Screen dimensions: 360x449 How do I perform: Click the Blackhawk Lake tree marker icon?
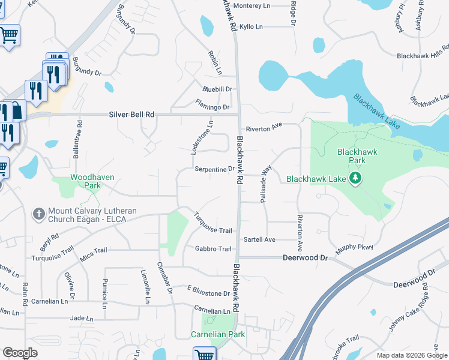tap(355, 178)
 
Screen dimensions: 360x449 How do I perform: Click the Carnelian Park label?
tap(218, 334)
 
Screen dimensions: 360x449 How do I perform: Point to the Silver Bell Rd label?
tap(131, 114)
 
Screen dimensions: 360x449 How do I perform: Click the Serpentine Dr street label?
tap(214, 169)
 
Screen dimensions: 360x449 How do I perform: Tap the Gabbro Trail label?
tap(212, 249)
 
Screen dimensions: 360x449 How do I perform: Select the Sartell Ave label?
tap(259, 239)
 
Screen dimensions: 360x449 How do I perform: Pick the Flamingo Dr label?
tap(212, 107)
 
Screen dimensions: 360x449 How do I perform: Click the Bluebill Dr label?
tap(217, 89)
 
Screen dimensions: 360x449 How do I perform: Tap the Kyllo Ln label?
tap(251, 27)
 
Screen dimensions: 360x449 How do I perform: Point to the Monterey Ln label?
tap(252, 6)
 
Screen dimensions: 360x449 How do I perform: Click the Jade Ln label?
tap(82, 318)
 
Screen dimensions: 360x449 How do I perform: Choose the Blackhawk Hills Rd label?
tap(423, 56)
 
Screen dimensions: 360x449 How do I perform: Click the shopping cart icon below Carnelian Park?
tap(205, 354)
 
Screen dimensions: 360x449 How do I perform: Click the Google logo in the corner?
tap(20, 353)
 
